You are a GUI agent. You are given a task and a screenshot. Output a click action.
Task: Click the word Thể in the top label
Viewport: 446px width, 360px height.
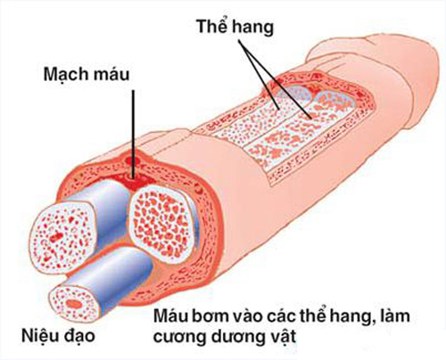212,26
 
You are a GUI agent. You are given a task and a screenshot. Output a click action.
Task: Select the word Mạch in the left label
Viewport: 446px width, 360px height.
66,75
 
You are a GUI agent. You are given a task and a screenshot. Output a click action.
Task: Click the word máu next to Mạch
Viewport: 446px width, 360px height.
111,74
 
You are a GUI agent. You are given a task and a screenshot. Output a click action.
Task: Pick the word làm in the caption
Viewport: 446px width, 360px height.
392,315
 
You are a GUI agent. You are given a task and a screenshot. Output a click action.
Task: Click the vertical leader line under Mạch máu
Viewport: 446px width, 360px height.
134,135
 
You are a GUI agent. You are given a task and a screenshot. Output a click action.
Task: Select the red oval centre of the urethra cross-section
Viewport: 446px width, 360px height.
74,304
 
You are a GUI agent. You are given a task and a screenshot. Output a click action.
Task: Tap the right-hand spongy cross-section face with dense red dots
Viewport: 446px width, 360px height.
161,224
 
